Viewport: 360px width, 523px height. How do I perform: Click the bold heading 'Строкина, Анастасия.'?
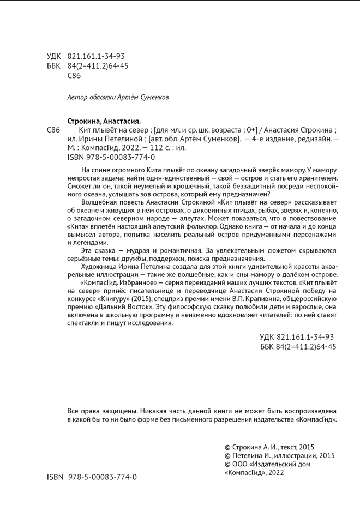tap(104, 121)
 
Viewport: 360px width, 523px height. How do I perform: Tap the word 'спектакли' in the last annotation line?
tap(83, 323)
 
